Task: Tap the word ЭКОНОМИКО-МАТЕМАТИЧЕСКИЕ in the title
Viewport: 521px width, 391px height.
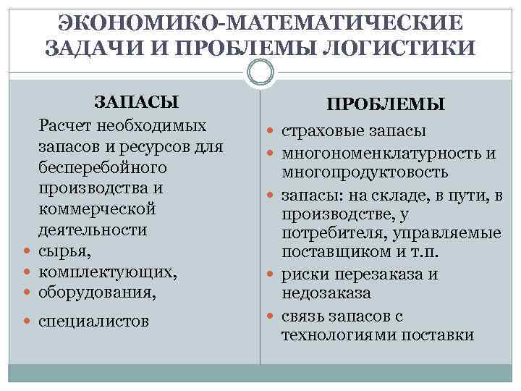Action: pos(260,22)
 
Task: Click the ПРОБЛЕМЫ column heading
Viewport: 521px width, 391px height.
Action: pos(385,105)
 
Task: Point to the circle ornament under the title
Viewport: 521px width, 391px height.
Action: pos(260,71)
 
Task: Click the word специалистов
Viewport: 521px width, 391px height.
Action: pos(94,320)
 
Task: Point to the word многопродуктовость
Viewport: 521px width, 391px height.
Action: pos(365,172)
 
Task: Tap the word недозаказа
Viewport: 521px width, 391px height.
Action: pos(326,294)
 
